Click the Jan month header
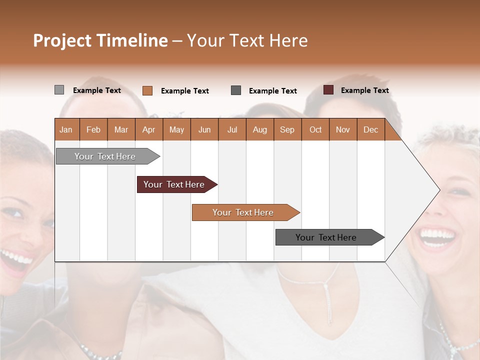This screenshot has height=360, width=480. click(66, 129)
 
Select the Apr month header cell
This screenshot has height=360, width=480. click(148, 129)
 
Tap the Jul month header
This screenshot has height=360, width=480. click(232, 129)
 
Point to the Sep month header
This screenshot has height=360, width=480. click(287, 129)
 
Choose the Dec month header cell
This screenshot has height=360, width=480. click(370, 129)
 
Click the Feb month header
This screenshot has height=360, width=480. click(93, 129)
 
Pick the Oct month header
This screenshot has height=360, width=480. click(315, 129)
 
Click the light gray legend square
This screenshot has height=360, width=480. click(59, 90)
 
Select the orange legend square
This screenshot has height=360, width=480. click(147, 90)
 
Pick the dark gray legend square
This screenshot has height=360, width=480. click(236, 90)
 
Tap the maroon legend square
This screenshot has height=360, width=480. click(328, 90)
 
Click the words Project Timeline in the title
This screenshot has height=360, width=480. click(100, 40)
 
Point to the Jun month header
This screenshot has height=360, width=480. click(204, 129)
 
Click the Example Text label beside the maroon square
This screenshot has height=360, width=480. click(364, 90)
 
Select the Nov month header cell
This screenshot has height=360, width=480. click(342, 129)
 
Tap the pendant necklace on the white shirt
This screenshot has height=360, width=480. click(328, 300)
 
